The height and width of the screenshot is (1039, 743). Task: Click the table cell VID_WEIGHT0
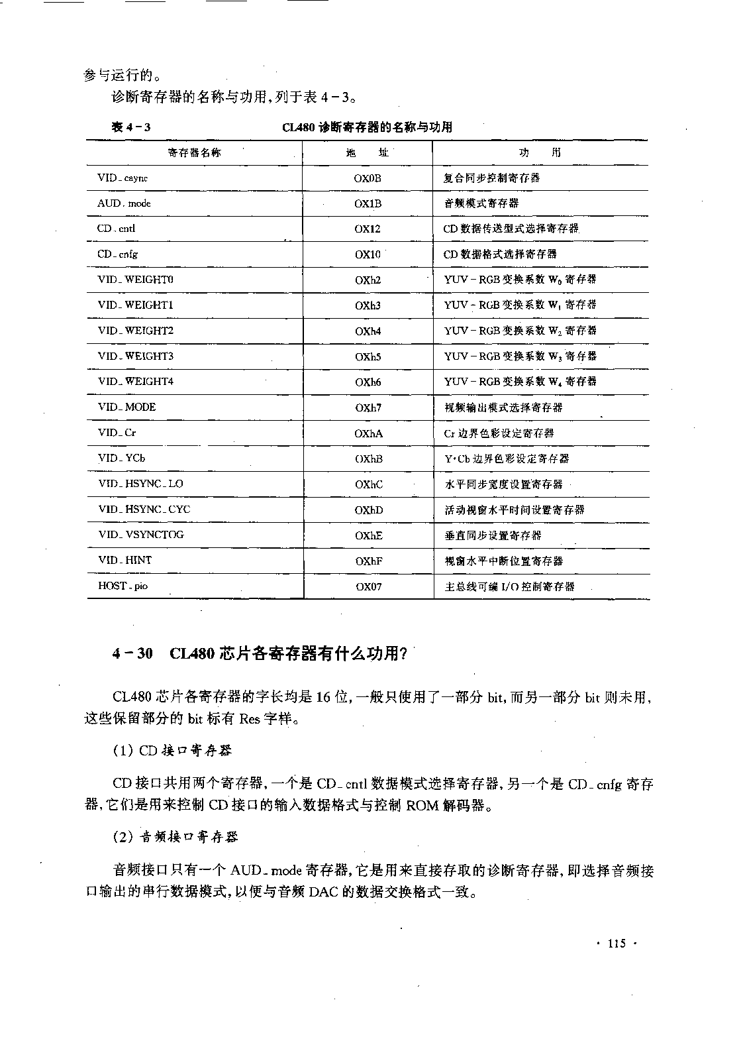pyautogui.click(x=136, y=280)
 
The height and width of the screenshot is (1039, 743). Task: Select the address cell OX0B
pyautogui.click(x=368, y=178)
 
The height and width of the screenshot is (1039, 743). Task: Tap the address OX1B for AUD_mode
pyautogui.click(x=368, y=203)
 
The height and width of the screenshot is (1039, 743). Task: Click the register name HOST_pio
pyautogui.click(x=123, y=586)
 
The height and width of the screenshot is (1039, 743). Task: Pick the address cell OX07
pyautogui.click(x=368, y=586)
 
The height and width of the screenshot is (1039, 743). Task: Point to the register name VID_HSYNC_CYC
pyautogui.click(x=144, y=510)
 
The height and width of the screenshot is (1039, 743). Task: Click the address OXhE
pyautogui.click(x=368, y=535)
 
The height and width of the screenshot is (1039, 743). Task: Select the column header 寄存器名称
pyautogui.click(x=195, y=153)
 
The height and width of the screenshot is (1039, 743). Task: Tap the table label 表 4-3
pyautogui.click(x=131, y=127)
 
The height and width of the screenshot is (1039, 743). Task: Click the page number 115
pyautogui.click(x=616, y=944)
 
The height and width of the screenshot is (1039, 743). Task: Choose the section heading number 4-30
pyautogui.click(x=132, y=653)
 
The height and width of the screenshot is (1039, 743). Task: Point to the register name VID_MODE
pyautogui.click(x=126, y=407)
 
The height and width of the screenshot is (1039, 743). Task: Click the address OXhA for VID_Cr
pyautogui.click(x=368, y=433)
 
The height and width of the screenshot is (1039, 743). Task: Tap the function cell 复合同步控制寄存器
pyautogui.click(x=491, y=178)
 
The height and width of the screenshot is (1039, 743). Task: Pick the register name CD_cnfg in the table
pyautogui.click(x=118, y=254)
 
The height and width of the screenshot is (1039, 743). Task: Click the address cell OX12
pyautogui.click(x=368, y=229)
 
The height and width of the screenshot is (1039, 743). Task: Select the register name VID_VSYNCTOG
pyautogui.click(x=141, y=535)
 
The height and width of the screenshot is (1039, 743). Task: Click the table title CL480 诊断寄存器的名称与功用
pyautogui.click(x=367, y=127)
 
